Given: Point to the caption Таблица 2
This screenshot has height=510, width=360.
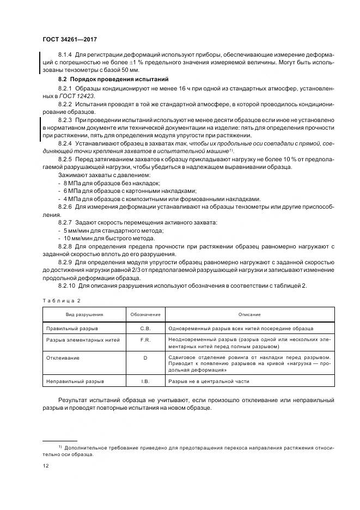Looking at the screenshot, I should coord(61,300).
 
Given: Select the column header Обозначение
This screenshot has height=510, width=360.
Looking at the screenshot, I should coord(145,314).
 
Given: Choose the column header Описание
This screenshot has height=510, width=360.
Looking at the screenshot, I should coord(250,314).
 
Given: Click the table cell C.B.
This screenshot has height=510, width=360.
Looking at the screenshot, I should coord(145,329).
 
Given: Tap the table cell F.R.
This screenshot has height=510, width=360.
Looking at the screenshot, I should coord(145,339).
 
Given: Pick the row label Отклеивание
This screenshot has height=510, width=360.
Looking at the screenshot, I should coord(63,357).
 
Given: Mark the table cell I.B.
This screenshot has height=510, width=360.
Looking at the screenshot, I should coord(145,381).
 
